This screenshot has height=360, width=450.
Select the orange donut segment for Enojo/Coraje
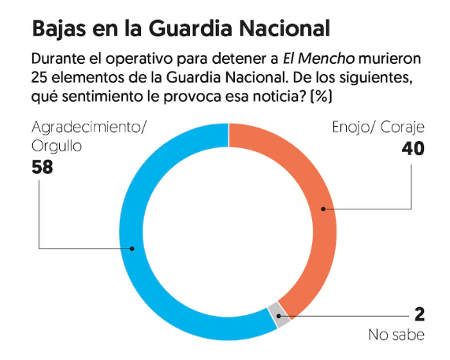pyautogui.click(x=322, y=209)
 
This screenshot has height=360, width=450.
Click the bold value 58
pyautogui.click(x=45, y=167)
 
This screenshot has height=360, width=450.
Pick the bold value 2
pyautogui.click(x=420, y=314)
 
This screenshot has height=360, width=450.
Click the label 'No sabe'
pyautogui.click(x=396, y=336)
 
